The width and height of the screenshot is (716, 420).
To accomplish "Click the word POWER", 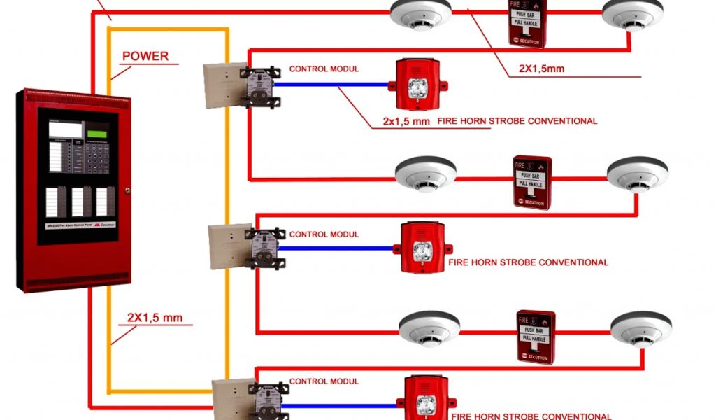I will pyautogui.click(x=145, y=56).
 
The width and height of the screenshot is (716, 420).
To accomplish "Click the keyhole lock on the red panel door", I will pyautogui.click(x=127, y=190).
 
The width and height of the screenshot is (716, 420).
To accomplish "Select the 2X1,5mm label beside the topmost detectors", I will pyautogui.click(x=541, y=69).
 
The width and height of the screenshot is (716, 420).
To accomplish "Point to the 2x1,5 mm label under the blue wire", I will pyautogui.click(x=406, y=120).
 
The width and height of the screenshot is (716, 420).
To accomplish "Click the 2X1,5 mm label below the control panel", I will pyautogui.click(x=155, y=318).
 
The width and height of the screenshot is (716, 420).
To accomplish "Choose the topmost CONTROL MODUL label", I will pyautogui.click(x=324, y=69).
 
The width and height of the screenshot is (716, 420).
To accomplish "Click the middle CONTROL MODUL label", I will pyautogui.click(x=324, y=234).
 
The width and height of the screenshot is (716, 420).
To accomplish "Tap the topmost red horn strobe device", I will pyautogui.click(x=417, y=85).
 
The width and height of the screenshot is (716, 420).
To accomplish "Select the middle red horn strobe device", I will pyautogui.click(x=421, y=248).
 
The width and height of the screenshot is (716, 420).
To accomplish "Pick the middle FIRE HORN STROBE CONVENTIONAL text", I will pyautogui.click(x=528, y=262).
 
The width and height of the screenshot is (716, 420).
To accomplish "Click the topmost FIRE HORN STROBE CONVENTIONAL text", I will pyautogui.click(x=517, y=120).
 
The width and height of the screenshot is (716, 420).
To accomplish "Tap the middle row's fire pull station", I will pyautogui.click(x=532, y=182).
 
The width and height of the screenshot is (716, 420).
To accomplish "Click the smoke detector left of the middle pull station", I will pyautogui.click(x=426, y=173).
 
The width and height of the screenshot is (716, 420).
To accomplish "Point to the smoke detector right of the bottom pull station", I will pyautogui.click(x=640, y=328).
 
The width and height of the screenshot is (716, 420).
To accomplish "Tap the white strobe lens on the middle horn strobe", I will pyautogui.click(x=422, y=251).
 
